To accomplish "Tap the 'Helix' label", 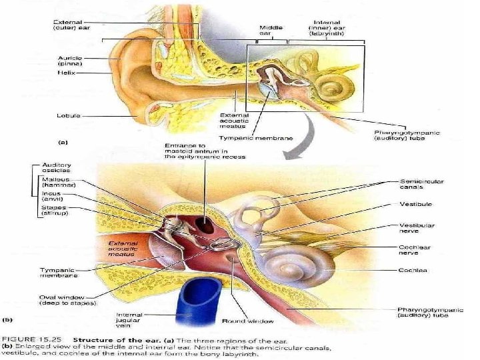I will (65, 73).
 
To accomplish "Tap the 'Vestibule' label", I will (415, 203).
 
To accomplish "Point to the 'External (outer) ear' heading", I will (73, 25).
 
